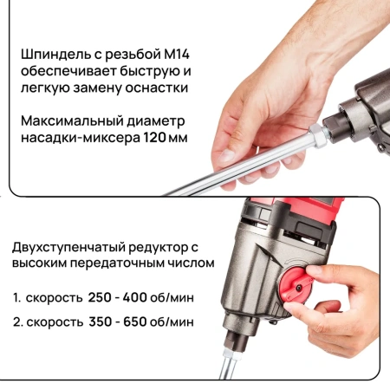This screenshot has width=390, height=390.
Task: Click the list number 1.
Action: (16, 297)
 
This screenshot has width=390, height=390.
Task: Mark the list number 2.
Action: (16, 321)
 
